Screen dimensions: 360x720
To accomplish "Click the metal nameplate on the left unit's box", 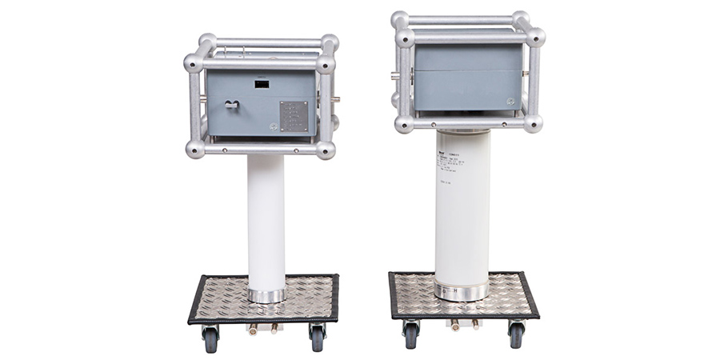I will [x=293, y=117].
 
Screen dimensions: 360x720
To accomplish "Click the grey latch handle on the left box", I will [x=231, y=104].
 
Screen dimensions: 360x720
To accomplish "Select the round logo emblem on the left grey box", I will [x=274, y=126].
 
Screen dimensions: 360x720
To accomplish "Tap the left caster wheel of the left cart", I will [x=210, y=338].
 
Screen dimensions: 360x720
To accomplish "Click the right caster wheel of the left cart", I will [x=317, y=338].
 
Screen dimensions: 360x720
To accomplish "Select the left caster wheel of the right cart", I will [x=411, y=334].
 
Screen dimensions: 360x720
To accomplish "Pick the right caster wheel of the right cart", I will [x=516, y=334].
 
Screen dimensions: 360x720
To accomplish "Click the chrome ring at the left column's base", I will [x=266, y=295].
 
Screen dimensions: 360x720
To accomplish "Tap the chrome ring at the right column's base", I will [x=462, y=291].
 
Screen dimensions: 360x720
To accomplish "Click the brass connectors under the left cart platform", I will [x=261, y=329].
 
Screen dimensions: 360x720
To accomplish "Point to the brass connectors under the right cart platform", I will [x=464, y=325].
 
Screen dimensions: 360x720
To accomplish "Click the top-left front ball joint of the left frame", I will [x=194, y=63].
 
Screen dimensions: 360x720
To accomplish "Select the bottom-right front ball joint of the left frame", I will [x=325, y=150].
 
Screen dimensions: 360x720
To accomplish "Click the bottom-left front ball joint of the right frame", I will [x=404, y=123].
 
